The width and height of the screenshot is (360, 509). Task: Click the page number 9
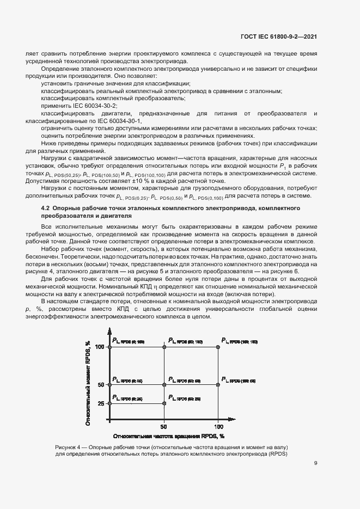[316, 463]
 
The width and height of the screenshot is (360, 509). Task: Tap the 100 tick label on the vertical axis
[100, 347]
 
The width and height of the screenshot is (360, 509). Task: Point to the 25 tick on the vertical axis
[101, 403]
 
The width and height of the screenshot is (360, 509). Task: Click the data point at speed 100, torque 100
[218, 347]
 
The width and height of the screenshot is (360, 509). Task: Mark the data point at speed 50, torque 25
[164, 403]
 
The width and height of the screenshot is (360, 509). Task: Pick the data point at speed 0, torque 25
[110, 403]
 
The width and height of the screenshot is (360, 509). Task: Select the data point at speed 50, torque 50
[164, 384]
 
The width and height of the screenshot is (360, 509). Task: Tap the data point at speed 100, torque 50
[218, 384]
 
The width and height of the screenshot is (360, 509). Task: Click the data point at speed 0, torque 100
[110, 347]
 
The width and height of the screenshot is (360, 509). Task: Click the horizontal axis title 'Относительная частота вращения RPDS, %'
[169, 437]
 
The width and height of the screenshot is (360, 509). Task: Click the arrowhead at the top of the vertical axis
[110, 330]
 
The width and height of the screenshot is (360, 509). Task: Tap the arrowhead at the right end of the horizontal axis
[239, 421]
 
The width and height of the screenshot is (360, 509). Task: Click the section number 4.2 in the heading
[46, 208]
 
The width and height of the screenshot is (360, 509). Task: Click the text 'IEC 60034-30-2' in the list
[82, 106]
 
